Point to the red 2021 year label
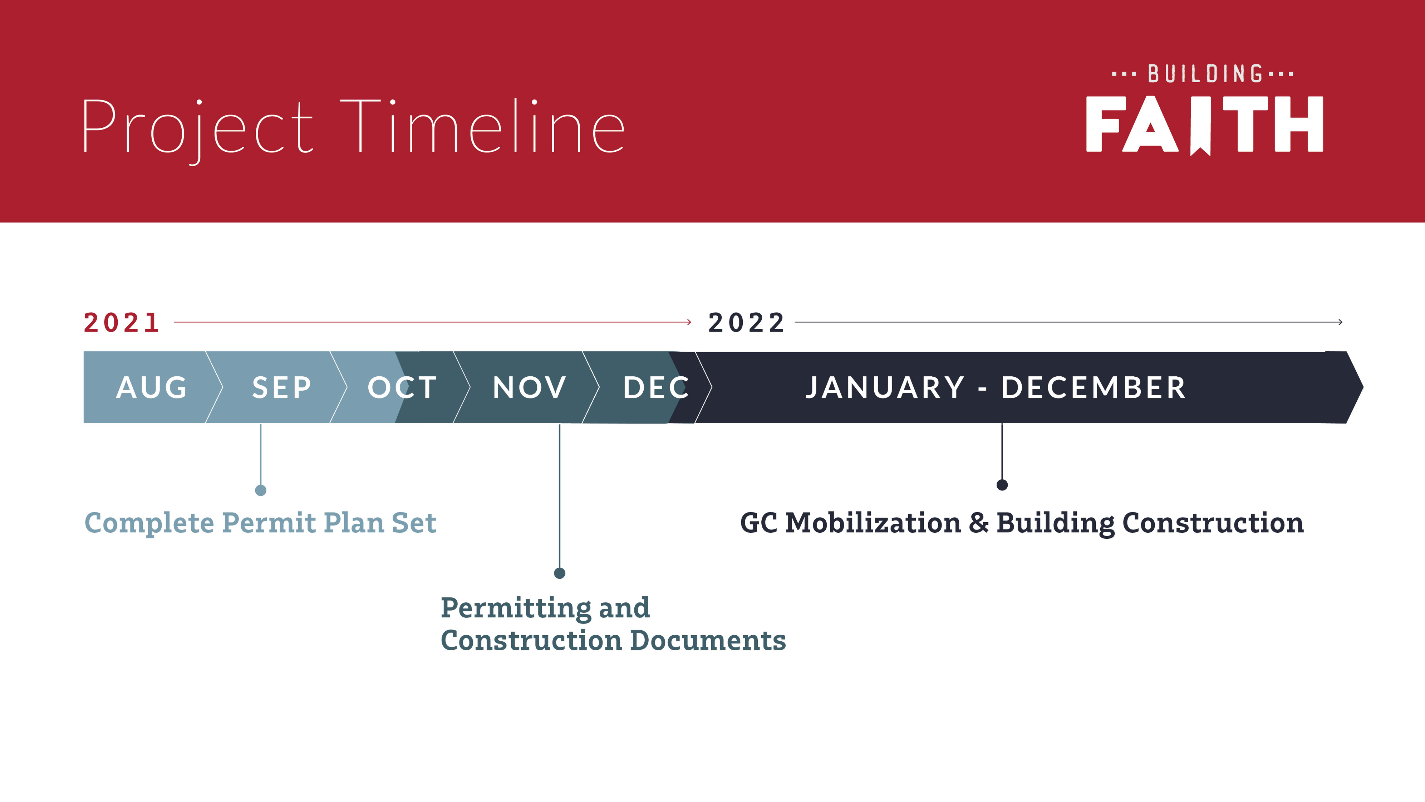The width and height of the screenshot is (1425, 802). coord(122,323)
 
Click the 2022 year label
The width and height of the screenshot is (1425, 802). coord(746,323)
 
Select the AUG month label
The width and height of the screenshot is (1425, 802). coord(152,387)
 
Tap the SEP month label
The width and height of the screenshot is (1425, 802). coord(281,387)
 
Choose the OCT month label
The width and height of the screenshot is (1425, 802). coord(402,387)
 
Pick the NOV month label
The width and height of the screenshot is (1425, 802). coord(529,387)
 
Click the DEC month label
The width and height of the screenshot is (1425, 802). coord(656,387)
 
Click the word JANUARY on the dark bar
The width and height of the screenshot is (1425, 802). coord(885,387)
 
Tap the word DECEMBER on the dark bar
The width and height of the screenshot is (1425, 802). coord(1093,387)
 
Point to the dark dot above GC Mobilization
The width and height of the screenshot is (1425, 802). coord(1002,485)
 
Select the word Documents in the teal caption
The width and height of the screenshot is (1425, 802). coord(708,640)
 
